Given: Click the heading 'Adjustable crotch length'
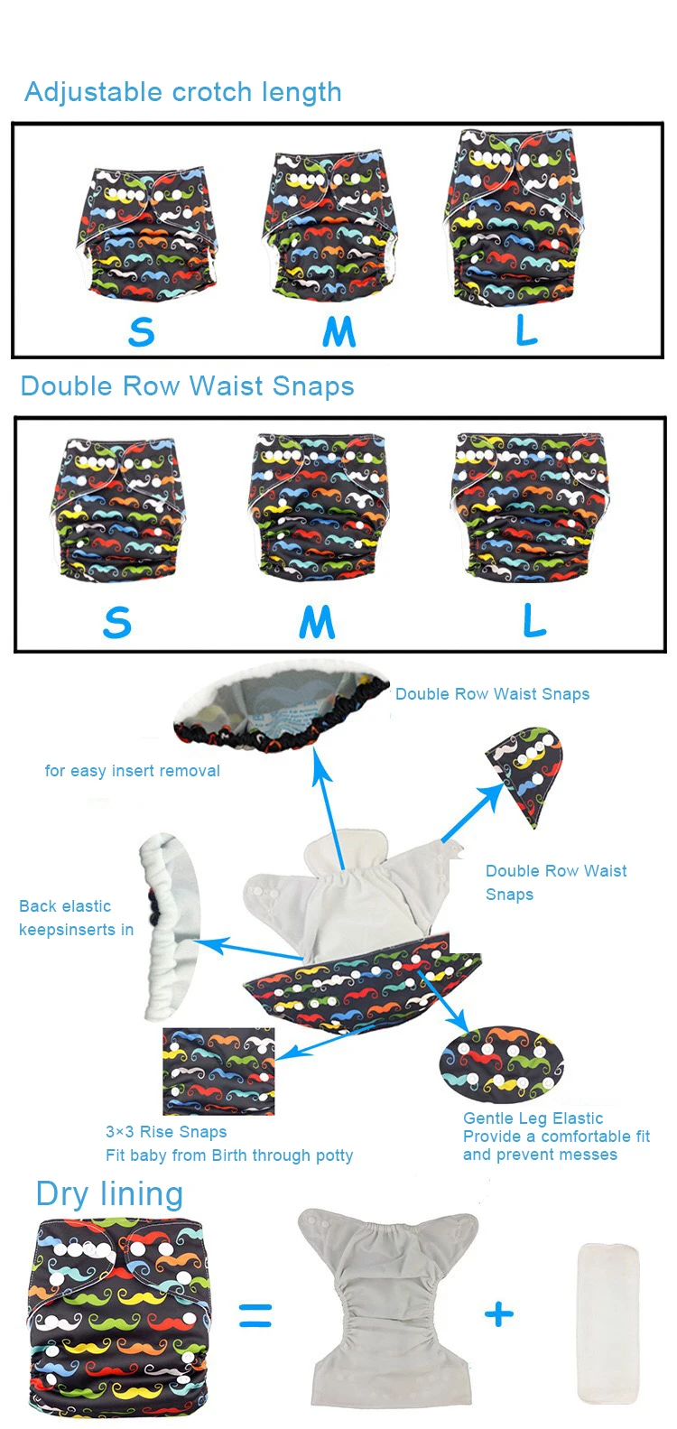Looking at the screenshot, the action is click(x=183, y=92).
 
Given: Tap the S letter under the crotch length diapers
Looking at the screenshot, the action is click(x=141, y=331).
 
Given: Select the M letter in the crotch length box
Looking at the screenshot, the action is click(x=338, y=331).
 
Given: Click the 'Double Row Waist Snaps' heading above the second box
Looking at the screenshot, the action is click(x=187, y=386).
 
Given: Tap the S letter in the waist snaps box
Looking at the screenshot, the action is click(x=117, y=623).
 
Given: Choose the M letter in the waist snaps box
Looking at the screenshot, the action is click(x=317, y=622).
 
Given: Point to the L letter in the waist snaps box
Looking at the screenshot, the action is click(x=534, y=621).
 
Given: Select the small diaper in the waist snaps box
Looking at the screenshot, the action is click(x=116, y=509).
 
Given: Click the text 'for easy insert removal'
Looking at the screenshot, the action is click(x=132, y=771).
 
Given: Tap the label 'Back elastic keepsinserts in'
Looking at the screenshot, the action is click(x=76, y=918).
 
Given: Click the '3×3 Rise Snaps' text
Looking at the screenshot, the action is click(x=166, y=1132).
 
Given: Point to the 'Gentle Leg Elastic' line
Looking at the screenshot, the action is click(x=533, y=1118).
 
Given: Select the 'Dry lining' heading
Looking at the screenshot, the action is click(x=109, y=1194).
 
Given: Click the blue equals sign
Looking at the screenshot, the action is click(x=255, y=1315).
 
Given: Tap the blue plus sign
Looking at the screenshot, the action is click(x=499, y=1314).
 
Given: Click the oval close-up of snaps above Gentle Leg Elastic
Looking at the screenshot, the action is click(x=502, y=1064).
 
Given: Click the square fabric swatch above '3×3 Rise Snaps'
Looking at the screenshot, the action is click(x=218, y=1072).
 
